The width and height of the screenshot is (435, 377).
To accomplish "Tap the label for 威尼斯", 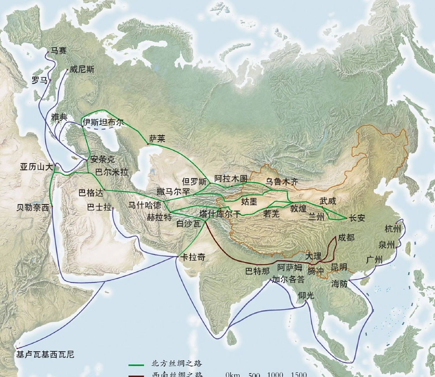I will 82,70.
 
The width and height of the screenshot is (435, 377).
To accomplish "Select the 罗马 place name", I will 39,80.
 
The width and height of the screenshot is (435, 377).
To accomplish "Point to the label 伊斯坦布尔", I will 103,123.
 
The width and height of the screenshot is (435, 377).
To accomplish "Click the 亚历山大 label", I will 36,167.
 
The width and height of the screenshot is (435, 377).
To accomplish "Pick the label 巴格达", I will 91,193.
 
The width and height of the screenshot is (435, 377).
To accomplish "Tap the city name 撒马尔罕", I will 173,191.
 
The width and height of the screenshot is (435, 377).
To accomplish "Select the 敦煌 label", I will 298,209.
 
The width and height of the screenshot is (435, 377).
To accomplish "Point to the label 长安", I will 357,218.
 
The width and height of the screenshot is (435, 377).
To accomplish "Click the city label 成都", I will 346,237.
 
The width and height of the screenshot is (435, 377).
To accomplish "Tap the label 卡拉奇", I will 193,257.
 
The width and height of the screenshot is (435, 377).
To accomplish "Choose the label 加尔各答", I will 288,279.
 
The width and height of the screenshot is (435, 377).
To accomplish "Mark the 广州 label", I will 374,260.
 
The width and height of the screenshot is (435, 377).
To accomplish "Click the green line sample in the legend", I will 136,365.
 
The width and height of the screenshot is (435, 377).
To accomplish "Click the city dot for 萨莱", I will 148,144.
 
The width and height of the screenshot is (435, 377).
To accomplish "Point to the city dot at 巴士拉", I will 113,209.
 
